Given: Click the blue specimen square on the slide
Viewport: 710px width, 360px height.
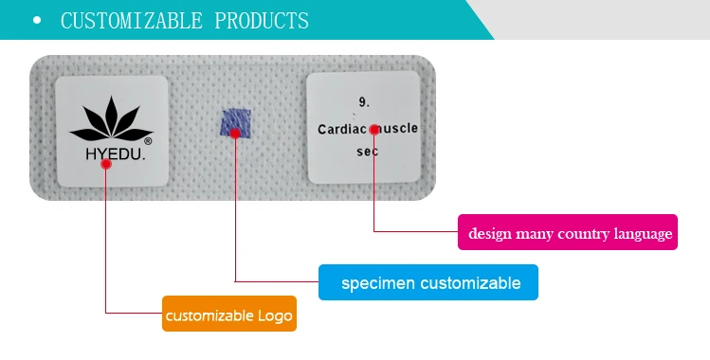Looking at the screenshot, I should pos(235,124).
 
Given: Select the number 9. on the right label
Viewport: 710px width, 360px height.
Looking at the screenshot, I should pos(363,100).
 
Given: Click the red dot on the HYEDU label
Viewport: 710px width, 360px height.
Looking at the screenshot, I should pos(106,164).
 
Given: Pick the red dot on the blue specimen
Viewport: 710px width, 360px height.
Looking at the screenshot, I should pos(235,134).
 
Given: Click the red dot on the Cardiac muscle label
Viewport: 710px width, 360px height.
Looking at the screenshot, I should pos(374,129).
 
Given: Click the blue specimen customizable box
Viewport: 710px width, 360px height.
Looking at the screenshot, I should pos(428,282).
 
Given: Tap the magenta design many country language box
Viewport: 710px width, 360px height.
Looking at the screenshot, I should pos(568,233).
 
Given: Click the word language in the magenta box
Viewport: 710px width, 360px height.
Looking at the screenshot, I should pos(642,233).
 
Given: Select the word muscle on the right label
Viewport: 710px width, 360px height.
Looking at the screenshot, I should pos(398,128).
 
